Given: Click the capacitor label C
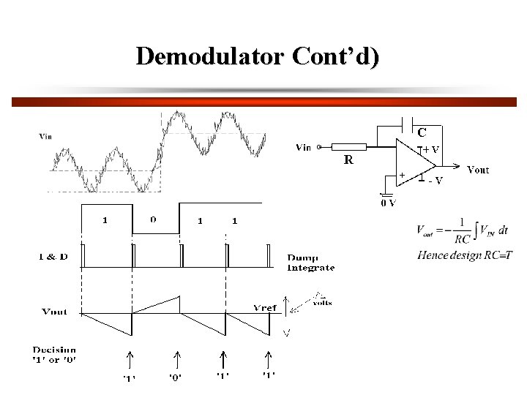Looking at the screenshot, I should [422, 133].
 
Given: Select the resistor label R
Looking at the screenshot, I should [348, 159].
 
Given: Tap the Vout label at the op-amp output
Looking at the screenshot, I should [478, 170].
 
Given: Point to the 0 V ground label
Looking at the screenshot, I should [388, 203].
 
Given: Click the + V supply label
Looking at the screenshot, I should [431, 149].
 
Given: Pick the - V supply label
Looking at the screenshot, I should [435, 181].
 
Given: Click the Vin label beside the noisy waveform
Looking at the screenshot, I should [45, 136].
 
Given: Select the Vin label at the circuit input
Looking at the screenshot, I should [303, 147].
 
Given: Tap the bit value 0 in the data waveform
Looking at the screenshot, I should [153, 219].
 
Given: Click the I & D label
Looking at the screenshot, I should [53, 256].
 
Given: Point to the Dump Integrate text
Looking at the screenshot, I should [310, 263].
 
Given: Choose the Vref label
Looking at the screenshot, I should [264, 307].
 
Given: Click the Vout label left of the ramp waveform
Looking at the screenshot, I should [54, 312].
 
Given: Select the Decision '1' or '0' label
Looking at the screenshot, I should [55, 355].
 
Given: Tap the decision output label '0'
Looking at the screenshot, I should [176, 377].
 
